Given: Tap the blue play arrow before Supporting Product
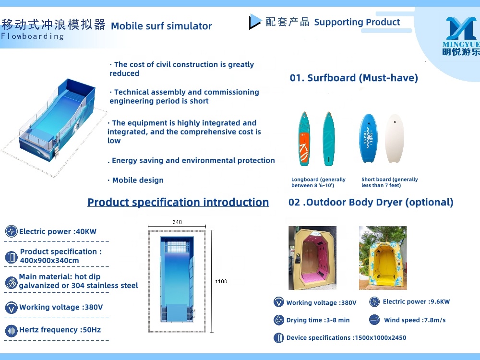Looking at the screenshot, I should click(x=255, y=22).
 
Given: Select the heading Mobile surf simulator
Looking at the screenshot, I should click(x=161, y=26).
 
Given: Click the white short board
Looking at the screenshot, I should click(x=395, y=138).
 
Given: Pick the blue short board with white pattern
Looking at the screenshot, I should click(x=369, y=138).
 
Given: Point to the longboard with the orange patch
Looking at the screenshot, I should click(x=304, y=139).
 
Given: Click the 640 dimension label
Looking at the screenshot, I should click(x=177, y=222).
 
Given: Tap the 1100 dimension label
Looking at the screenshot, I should click(x=221, y=281).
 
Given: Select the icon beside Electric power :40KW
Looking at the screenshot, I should click(x=11, y=231).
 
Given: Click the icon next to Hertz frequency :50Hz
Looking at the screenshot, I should click(x=11, y=330).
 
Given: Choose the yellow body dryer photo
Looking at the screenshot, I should click(x=383, y=258).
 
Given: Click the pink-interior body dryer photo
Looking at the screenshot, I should click(x=312, y=258).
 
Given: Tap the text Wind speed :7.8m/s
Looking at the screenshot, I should click(x=415, y=320).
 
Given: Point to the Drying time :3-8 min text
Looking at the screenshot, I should click(x=318, y=320).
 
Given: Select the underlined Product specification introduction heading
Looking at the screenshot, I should click(x=178, y=202).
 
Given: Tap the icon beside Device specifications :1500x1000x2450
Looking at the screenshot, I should click(x=279, y=338).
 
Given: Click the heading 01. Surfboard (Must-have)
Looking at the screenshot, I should click(x=354, y=78).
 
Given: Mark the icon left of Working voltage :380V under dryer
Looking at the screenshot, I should click(x=279, y=302).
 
